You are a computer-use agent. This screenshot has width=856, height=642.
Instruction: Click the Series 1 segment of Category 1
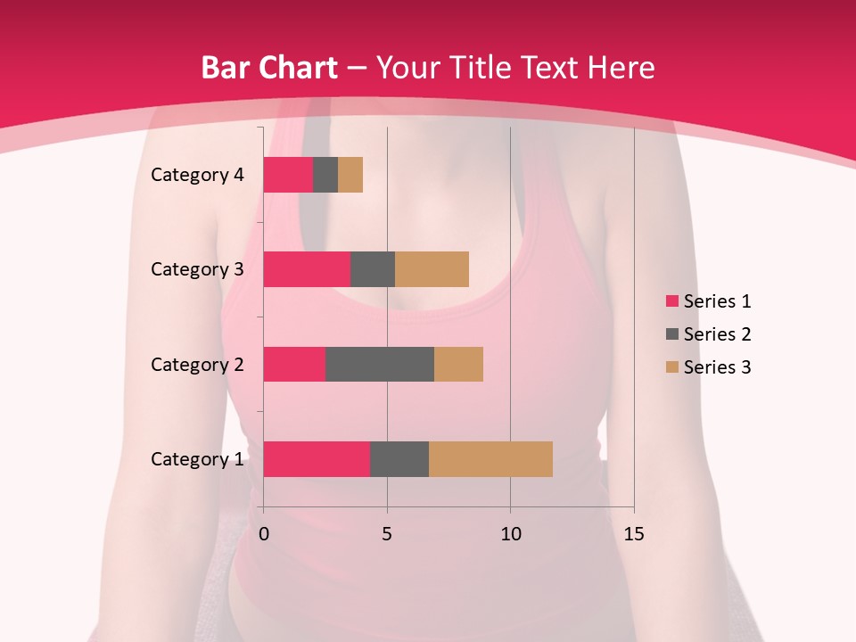coord(317,459)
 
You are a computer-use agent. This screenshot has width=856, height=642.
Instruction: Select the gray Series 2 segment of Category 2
coord(380,364)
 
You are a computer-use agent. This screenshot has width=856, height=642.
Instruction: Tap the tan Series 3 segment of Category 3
coord(432,269)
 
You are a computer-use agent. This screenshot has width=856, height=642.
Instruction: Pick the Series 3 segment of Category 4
coord(350,175)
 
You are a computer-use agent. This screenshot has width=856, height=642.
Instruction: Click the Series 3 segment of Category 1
coord(490,459)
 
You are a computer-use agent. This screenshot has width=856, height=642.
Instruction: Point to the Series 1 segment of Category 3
coord(307,269)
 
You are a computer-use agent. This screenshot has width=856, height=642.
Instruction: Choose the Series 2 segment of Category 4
coord(325,175)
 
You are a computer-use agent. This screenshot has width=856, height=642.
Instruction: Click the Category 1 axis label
coord(197,459)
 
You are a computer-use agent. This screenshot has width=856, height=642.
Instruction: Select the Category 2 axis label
coord(197,364)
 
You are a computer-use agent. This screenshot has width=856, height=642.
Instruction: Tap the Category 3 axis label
coord(197,269)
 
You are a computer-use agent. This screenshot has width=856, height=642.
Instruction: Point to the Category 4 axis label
coord(197,175)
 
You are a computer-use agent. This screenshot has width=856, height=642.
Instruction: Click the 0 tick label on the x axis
coord(264,534)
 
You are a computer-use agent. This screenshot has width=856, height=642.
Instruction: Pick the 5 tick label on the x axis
coord(387,534)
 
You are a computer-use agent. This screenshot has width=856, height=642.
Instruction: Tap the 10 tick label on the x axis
coord(510,534)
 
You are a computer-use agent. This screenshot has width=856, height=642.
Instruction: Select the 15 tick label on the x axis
coord(634,534)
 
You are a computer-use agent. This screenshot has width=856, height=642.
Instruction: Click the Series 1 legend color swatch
coord(671,301)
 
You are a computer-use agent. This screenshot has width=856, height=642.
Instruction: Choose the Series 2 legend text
coord(717,334)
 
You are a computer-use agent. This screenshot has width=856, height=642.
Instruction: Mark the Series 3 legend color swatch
coord(671,367)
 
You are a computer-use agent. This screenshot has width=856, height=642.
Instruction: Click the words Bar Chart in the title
coord(269,68)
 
